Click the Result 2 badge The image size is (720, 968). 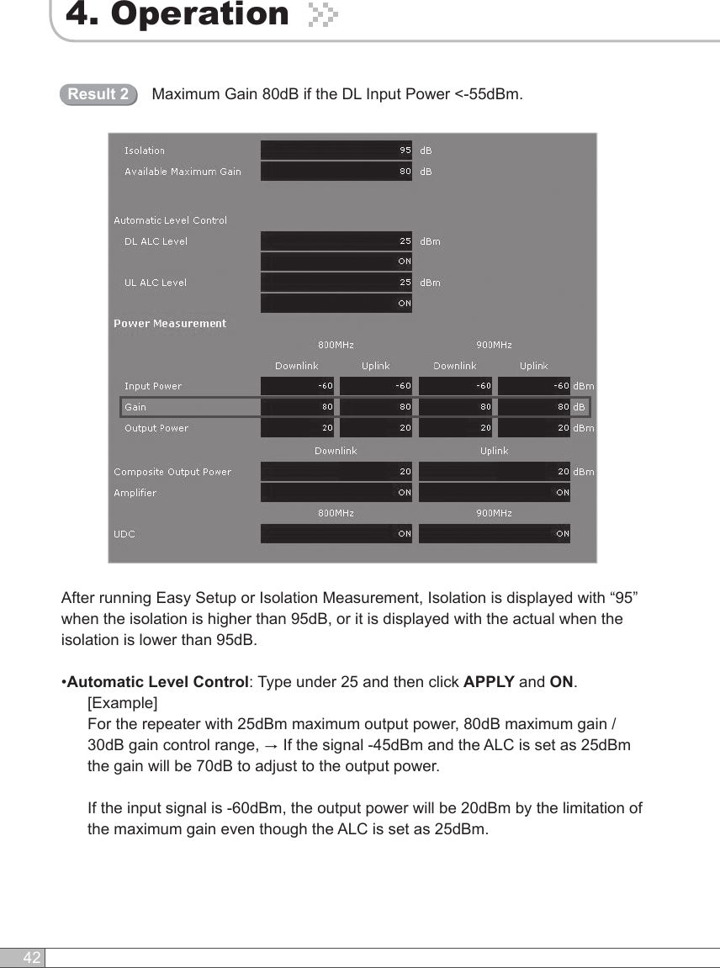pos(98,94)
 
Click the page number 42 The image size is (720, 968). pos(32,958)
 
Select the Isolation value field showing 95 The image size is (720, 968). pos(336,151)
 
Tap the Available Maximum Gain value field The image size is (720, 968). pos(336,172)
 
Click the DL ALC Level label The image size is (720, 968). pos(156,241)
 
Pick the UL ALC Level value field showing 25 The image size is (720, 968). pos(336,283)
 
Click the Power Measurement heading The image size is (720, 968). pos(170,324)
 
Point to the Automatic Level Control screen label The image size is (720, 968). pos(170,220)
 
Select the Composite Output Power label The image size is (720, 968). pos(172,472)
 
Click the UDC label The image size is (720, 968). pos(124,534)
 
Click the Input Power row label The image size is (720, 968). pos(153,386)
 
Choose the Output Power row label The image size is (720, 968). pos(156,428)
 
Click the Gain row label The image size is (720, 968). pos(135,407)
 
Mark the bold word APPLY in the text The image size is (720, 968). pos(489,681)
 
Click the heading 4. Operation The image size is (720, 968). pos(177,14)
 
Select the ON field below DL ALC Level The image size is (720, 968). pos(336,262)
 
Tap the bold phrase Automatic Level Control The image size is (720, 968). pos(157,681)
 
